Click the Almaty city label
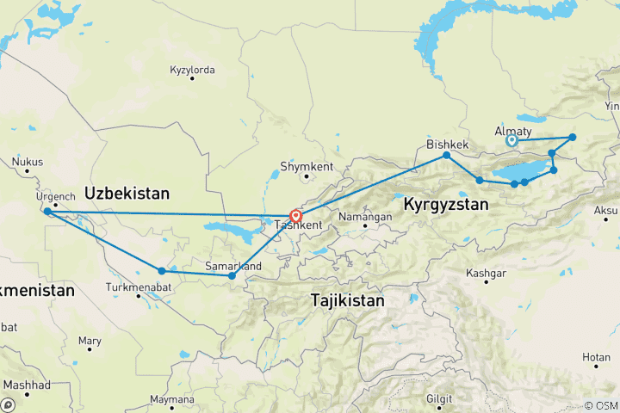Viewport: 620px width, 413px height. pos(513,130)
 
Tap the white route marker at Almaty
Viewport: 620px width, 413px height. pos(512,140)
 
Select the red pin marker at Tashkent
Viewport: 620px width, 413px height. pos(295,216)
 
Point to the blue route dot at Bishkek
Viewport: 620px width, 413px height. pos(447,156)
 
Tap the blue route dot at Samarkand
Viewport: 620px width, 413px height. pos(232,276)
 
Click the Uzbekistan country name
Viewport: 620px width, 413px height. pos(127,192)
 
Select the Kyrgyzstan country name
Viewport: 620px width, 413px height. pos(446,205)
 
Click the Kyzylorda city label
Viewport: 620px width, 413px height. pos(192,68)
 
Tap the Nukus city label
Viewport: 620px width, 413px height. pos(28,160)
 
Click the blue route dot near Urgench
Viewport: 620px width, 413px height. pos(47,211)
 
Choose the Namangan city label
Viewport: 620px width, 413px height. pos(366,217)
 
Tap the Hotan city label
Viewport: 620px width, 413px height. pos(594,356)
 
